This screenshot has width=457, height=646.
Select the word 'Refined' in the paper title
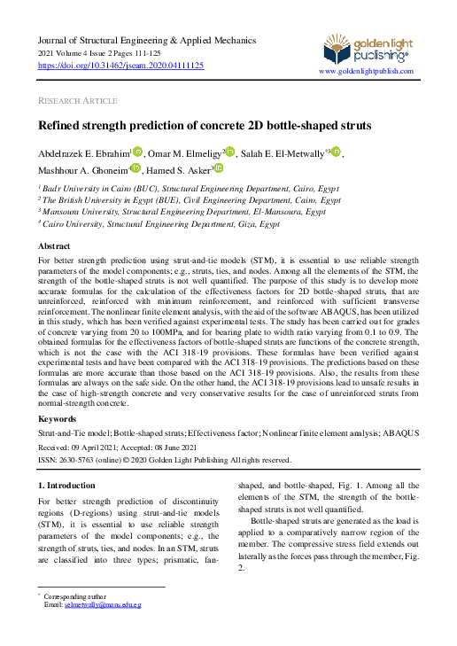pyautogui.click(x=64, y=127)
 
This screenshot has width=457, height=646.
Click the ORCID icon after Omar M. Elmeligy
pyautogui.click(x=230, y=152)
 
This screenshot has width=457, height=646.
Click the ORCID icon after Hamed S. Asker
pyautogui.click(x=219, y=168)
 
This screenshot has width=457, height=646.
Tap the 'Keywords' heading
pyautogui.click(x=58, y=418)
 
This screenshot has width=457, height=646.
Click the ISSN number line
pyautogui.click(x=164, y=460)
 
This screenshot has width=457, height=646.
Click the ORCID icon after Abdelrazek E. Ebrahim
pyautogui.click(x=138, y=152)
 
